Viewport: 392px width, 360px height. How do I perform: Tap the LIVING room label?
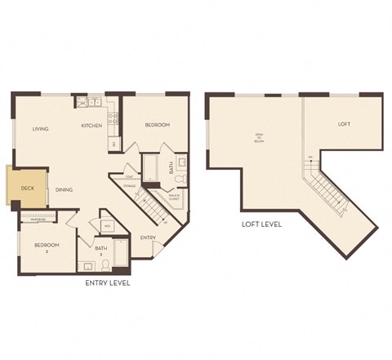(x=41, y=129)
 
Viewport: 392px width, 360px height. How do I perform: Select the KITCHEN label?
(x=91, y=126)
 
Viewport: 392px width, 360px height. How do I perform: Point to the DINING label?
(x=65, y=190)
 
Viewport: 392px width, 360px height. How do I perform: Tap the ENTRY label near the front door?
(x=148, y=238)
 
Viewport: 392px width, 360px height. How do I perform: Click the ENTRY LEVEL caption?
(x=109, y=283)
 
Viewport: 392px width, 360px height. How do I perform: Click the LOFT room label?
(x=345, y=124)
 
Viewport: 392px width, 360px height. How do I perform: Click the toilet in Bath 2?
(x=105, y=264)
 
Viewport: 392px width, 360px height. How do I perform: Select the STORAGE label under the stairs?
(x=131, y=186)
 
